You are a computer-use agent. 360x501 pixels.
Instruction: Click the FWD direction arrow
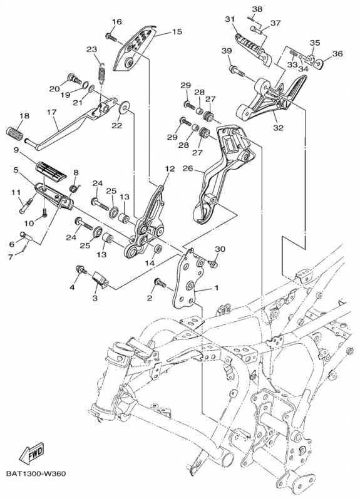coord(32,453)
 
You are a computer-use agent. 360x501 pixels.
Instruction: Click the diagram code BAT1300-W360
coord(36,473)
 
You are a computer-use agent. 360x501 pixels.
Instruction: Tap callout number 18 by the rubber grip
coord(24,116)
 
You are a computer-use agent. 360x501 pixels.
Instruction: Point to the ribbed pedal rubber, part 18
coord(14,133)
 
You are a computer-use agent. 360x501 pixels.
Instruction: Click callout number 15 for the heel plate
coord(177,31)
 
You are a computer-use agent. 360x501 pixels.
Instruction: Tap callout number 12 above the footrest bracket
coord(170,168)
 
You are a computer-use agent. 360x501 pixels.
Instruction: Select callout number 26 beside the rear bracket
coord(188,168)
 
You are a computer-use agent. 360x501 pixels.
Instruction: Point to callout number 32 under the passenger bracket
coord(278,128)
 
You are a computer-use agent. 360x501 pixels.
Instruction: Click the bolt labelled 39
coord(237,71)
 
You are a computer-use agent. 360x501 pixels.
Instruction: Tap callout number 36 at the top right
coord(337,54)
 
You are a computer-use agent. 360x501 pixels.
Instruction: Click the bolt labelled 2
coord(160,282)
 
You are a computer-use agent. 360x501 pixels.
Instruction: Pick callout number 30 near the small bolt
coord(220,249)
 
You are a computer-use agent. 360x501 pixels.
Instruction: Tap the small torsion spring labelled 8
coord(75,189)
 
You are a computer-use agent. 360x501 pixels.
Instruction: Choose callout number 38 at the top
coord(257,9)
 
